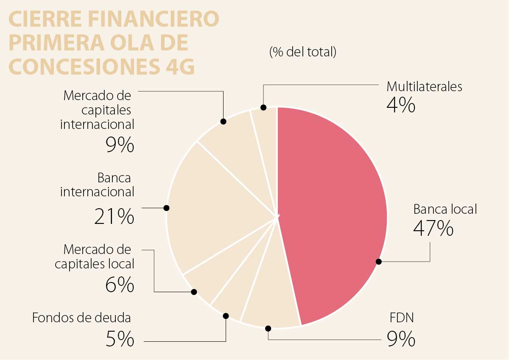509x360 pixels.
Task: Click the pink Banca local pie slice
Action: point(335,212)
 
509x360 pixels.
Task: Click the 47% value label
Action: point(433,229)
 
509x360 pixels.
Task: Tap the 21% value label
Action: point(114,217)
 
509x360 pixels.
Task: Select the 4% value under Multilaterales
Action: point(400,106)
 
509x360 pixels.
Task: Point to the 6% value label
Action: point(119,285)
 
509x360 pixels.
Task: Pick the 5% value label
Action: point(119,339)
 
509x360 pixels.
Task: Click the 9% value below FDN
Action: point(400,339)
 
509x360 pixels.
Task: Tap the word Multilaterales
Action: point(424,87)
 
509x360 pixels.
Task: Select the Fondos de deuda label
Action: point(81,318)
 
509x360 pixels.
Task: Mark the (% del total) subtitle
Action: point(302,52)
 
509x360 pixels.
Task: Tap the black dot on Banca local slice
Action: point(379,262)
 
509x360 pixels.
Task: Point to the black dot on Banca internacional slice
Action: point(166,208)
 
